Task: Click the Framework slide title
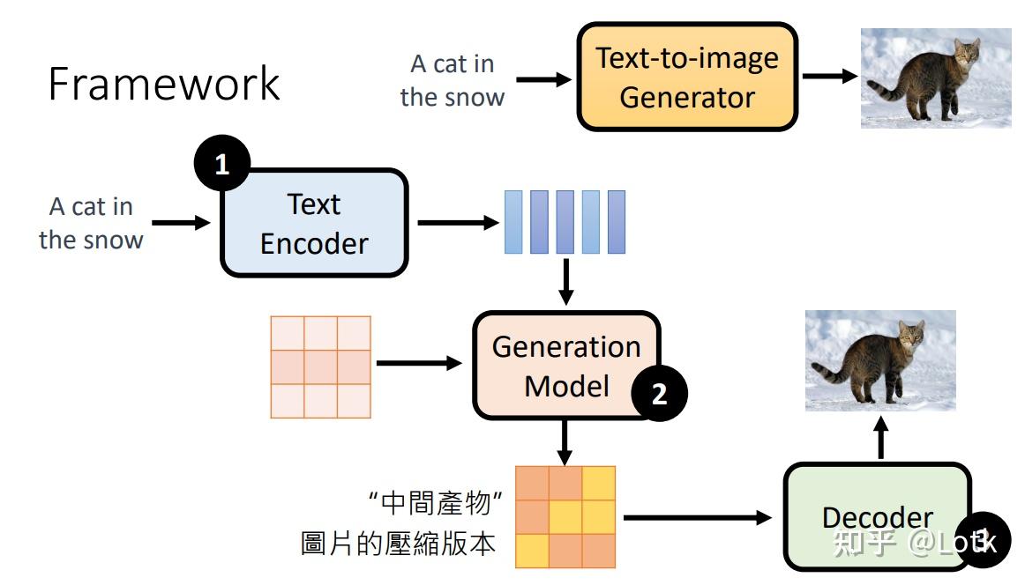click(164, 84)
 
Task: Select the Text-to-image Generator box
click(687, 77)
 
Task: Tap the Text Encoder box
click(313, 223)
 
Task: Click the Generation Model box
click(565, 366)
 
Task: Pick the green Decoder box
click(877, 516)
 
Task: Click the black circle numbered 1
click(221, 165)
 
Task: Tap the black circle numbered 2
click(659, 394)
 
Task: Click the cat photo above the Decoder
click(879, 360)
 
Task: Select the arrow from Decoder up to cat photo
click(879, 438)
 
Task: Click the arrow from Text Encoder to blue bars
click(457, 223)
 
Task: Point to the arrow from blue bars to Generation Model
click(565, 281)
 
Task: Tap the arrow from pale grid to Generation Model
click(419, 363)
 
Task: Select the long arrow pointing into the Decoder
click(697, 517)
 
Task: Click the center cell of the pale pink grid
click(320, 367)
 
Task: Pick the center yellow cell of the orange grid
click(565, 516)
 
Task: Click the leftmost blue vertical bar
click(512, 222)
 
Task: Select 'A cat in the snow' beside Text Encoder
click(91, 223)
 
